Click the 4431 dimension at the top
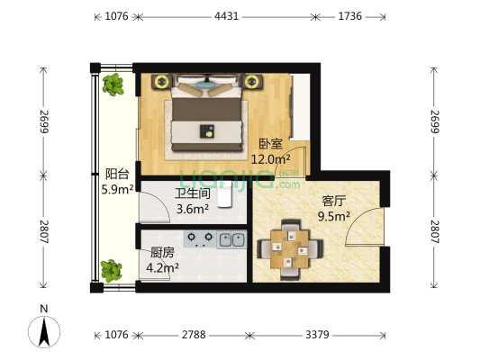tap(227, 16)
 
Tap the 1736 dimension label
tap(350, 16)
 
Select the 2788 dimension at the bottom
tap(194, 335)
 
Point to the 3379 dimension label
tap(317, 335)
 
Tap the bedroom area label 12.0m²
tap(271, 159)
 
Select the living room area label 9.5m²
tap(334, 217)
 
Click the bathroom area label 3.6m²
tap(193, 209)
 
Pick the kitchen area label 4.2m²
tap(162, 268)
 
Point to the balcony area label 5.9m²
tap(118, 190)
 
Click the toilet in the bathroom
tap(225, 195)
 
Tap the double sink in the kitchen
tap(231, 239)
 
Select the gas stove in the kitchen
tap(200, 239)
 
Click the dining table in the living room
tap(290, 249)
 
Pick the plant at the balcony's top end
tap(113, 85)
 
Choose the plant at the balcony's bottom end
tap(111, 271)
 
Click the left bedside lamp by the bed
tap(161, 81)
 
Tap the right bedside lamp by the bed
tap(251, 81)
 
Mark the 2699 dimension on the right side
tap(435, 121)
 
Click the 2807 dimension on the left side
tap(44, 231)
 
